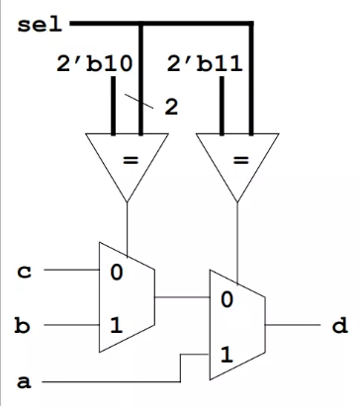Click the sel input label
pyautogui.click(x=37, y=24)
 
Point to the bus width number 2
pyautogui.click(x=170, y=107)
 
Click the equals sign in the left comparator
pyautogui.click(x=129, y=161)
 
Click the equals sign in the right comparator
pyautogui.click(x=238, y=161)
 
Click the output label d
pyautogui.click(x=339, y=325)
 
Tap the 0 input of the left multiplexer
pyautogui.click(x=117, y=272)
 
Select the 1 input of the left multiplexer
pyautogui.click(x=117, y=326)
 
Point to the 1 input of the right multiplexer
pyautogui.click(x=226, y=354)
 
